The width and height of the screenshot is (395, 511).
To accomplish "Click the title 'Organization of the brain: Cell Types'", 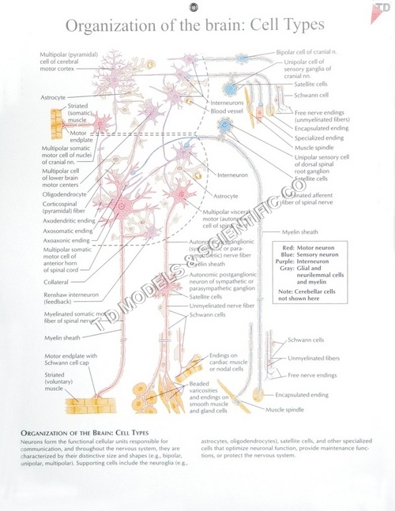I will point(195,26).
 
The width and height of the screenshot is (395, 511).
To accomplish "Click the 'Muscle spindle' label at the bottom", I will point(285,410).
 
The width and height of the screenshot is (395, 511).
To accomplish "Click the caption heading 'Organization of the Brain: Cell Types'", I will point(85,434).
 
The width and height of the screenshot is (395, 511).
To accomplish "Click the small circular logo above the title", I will point(194,7).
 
